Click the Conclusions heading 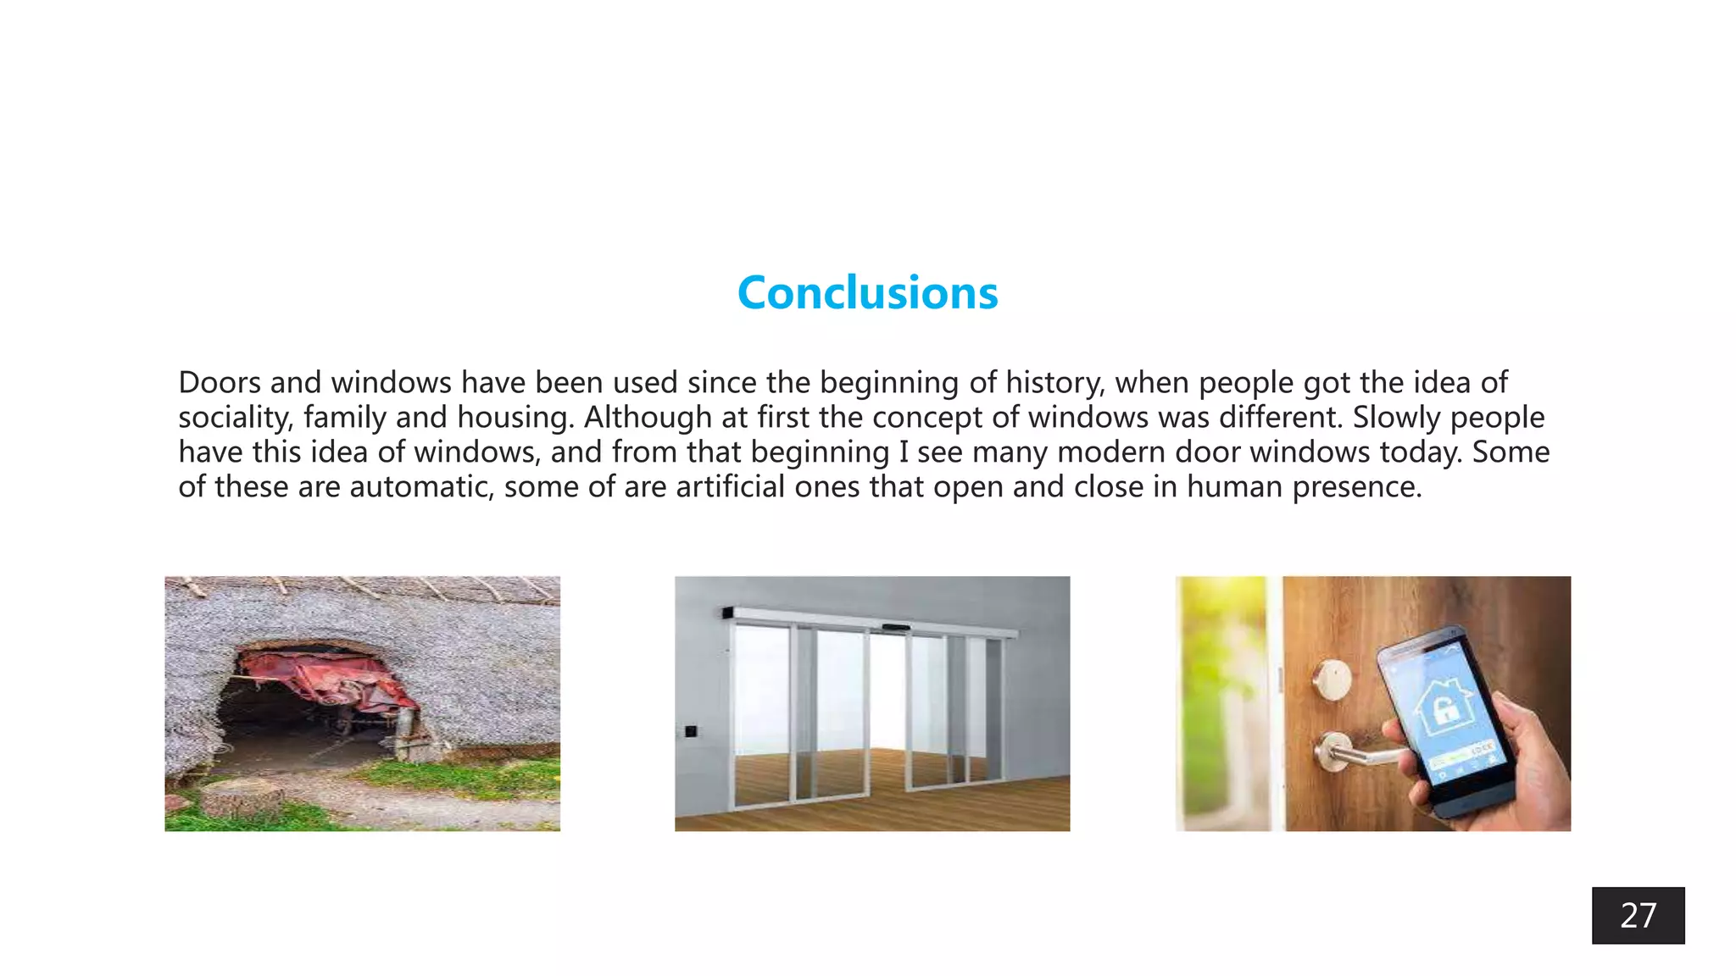click(867, 293)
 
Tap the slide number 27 click(1638, 916)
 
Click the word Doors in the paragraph click(220, 383)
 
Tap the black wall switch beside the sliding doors click(691, 730)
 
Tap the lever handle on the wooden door click(1352, 751)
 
